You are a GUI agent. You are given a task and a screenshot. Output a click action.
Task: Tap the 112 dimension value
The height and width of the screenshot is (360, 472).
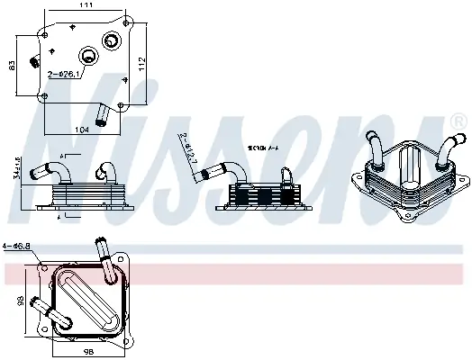pyautogui.click(x=141, y=64)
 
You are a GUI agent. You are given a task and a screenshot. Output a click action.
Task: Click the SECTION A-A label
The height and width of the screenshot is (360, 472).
pyautogui.click(x=263, y=147)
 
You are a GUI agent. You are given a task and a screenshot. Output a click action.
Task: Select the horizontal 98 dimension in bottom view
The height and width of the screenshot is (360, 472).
pyautogui.click(x=88, y=350)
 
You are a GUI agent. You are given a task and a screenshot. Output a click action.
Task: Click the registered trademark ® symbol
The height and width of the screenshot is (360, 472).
pyautogui.click(x=458, y=118)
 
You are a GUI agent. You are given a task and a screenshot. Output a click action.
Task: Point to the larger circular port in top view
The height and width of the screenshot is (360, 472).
pyautogui.click(x=112, y=40)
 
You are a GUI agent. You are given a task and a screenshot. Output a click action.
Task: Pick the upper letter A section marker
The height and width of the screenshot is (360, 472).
pyautogui.click(x=62, y=157)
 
